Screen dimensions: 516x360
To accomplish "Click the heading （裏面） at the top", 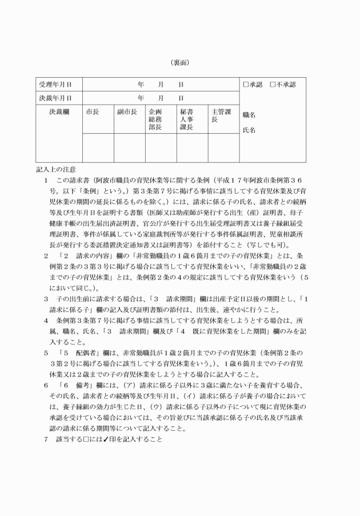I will click(x=179, y=62).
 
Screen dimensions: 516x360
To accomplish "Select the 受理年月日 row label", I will click(x=55, y=85).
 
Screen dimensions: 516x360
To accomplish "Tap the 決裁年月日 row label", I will click(x=55, y=98).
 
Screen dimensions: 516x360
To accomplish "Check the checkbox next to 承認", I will click(x=246, y=85).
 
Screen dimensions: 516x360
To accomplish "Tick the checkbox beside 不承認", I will click(x=273, y=85).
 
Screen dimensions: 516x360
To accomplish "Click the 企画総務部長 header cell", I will click(x=155, y=119).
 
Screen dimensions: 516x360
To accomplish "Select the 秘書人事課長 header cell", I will click(x=186, y=119).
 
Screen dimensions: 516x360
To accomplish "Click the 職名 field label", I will click(x=249, y=115).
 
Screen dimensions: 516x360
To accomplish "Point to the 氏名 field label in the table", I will click(x=249, y=130).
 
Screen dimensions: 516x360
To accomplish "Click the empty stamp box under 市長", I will click(x=98, y=148).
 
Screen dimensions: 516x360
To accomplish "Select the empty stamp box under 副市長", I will click(x=129, y=148).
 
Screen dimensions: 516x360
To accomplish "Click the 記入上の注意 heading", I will click(x=55, y=170).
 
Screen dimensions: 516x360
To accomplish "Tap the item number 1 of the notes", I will click(x=46, y=180).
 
